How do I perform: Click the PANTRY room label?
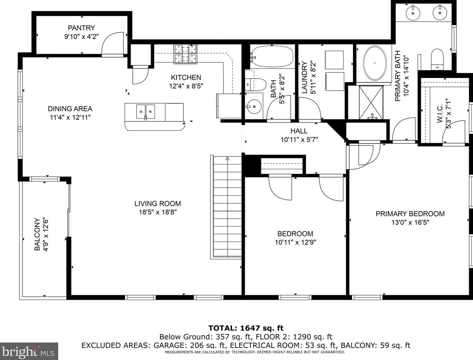coord(81,28)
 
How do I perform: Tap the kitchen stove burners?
coord(185,54)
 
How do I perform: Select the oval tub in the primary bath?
coord(375,63)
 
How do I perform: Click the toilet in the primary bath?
coord(437,59)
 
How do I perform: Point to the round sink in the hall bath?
coord(254,107)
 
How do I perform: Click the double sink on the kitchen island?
coord(145,112)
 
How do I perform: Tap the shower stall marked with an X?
coord(371,102)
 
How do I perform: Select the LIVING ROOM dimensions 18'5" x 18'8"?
coord(158,212)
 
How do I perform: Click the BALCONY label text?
coord(37,234)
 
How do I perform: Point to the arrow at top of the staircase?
coord(227,159)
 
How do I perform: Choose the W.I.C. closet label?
coord(440,113)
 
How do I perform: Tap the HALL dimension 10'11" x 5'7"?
coord(299,140)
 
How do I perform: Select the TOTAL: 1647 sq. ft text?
coord(246,328)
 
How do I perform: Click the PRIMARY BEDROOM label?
coord(410,214)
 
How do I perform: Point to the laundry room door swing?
coord(310,108)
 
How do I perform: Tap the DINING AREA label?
coord(70,109)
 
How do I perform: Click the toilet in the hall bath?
coord(255,85)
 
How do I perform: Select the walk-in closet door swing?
coord(453,132)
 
